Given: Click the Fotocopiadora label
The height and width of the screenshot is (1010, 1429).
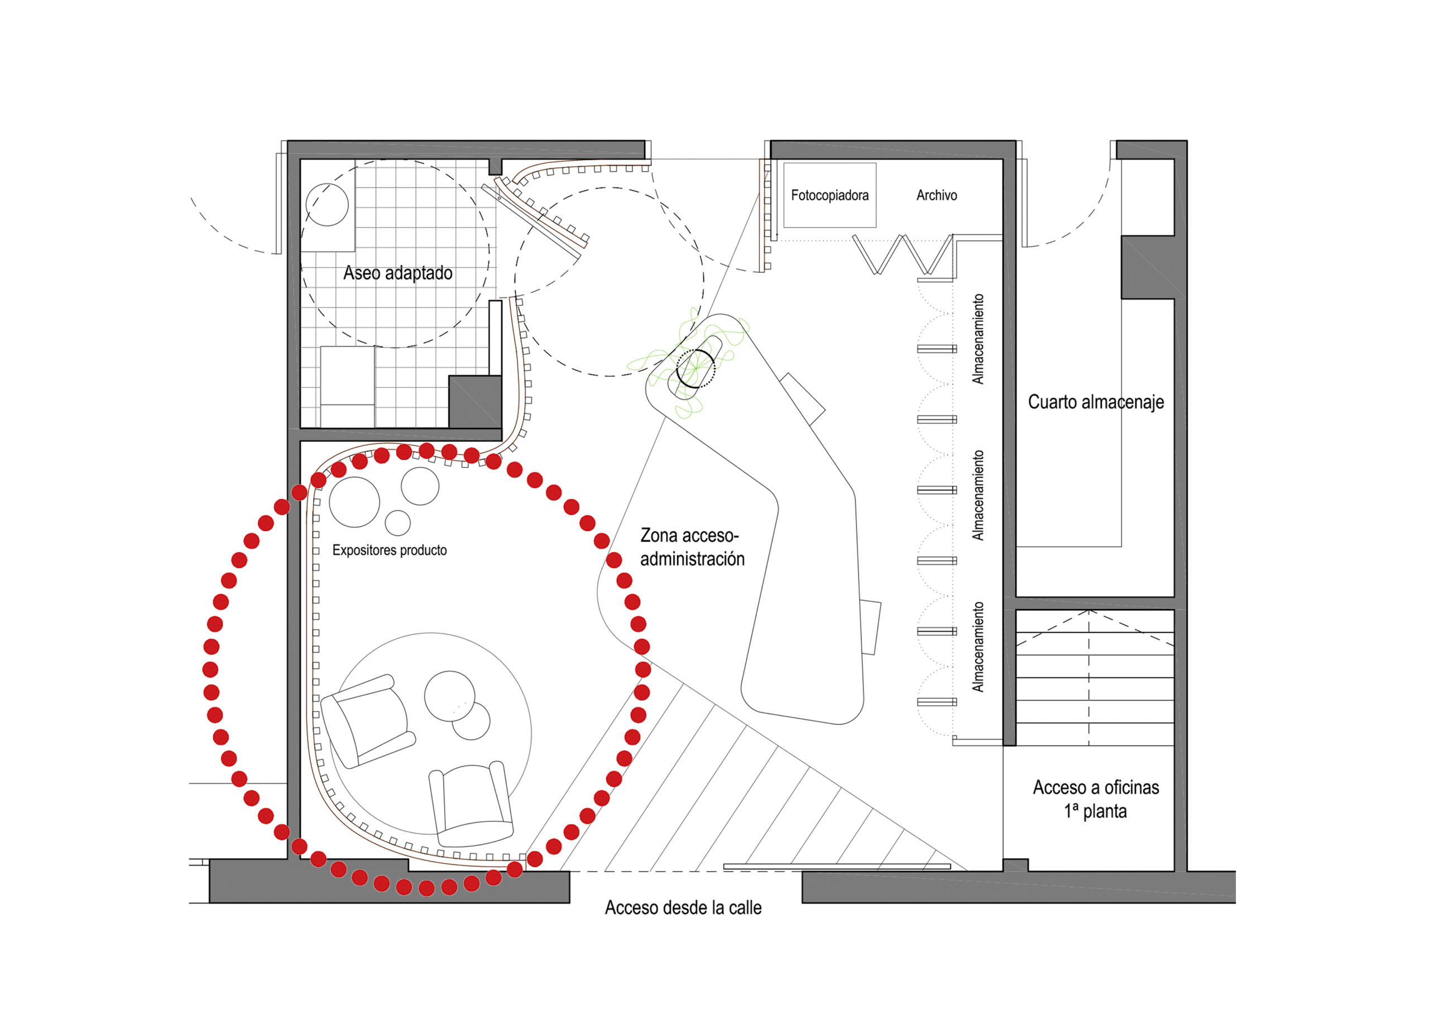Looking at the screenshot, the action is [829, 195].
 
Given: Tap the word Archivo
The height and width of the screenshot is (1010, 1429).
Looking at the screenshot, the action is [937, 195].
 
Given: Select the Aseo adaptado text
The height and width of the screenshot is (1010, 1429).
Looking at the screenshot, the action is [397, 273].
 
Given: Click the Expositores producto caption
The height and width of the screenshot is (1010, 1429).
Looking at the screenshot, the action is [390, 550].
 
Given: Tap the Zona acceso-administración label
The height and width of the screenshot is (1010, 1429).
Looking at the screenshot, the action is [693, 547].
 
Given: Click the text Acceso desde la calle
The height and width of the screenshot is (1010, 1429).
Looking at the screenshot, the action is [683, 908].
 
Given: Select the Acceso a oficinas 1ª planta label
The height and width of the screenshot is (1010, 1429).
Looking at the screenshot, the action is [1096, 799].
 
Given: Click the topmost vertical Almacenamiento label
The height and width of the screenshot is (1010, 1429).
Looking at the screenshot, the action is [979, 339].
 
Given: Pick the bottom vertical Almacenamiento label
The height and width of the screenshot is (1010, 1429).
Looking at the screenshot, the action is [979, 647].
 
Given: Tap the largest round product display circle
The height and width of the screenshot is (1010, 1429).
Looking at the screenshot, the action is [354, 502].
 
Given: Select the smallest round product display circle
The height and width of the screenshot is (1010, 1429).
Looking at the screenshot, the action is [397, 523].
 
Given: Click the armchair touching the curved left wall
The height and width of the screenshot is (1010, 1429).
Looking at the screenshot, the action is [367, 720].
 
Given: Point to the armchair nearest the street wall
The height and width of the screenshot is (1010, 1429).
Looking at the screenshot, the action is [471, 800].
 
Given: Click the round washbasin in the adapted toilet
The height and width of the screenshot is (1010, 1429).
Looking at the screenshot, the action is [327, 205].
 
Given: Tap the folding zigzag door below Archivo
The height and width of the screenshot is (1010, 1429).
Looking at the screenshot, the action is [903, 254].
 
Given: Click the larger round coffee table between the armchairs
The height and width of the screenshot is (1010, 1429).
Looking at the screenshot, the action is [449, 696].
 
